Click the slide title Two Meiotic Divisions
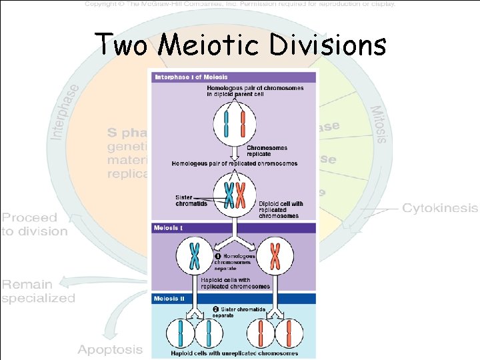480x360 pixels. coord(240,45)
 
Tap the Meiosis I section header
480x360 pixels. coord(167,228)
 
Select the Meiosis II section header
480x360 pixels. coord(169,298)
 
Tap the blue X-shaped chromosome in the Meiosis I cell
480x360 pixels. coord(195,255)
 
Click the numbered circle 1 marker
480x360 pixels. coord(217,256)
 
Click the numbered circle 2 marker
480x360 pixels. coord(215,309)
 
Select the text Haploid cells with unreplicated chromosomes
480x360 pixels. coord(235,353)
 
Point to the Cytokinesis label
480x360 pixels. coord(439,208)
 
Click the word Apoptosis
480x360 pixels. coord(110,349)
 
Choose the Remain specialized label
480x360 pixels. coord(39,291)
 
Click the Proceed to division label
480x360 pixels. coord(35,225)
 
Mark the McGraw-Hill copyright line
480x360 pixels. coord(240,4)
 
